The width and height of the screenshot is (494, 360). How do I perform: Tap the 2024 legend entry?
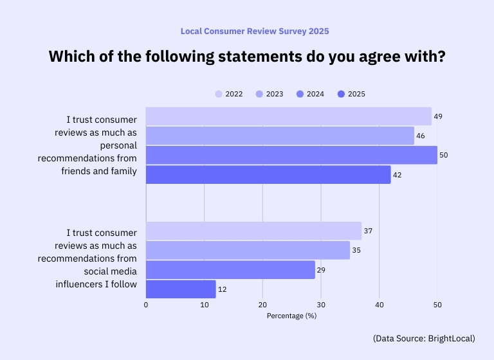(x=310, y=94)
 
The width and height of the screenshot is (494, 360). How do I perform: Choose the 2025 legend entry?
(x=351, y=94)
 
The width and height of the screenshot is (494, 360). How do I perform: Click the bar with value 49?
(x=288, y=116)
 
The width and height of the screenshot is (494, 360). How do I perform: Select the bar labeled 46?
(x=280, y=136)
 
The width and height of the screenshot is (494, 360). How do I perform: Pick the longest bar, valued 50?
(x=291, y=155)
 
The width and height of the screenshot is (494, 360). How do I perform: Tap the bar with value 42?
(x=268, y=175)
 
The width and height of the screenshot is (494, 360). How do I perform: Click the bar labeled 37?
(x=253, y=231)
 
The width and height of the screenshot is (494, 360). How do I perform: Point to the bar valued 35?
(x=248, y=250)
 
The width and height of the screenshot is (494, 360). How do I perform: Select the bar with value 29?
(x=230, y=270)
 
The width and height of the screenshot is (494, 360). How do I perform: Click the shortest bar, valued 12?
(x=181, y=289)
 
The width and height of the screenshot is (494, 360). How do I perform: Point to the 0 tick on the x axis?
(x=146, y=305)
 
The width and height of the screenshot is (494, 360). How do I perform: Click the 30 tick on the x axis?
(x=321, y=305)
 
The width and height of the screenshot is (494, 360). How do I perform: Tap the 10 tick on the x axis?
(x=204, y=305)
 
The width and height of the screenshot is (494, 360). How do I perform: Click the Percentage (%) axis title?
(x=291, y=316)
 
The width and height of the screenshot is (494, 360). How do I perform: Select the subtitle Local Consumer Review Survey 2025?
(x=246, y=31)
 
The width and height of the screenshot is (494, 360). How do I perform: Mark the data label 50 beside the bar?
(x=443, y=156)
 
